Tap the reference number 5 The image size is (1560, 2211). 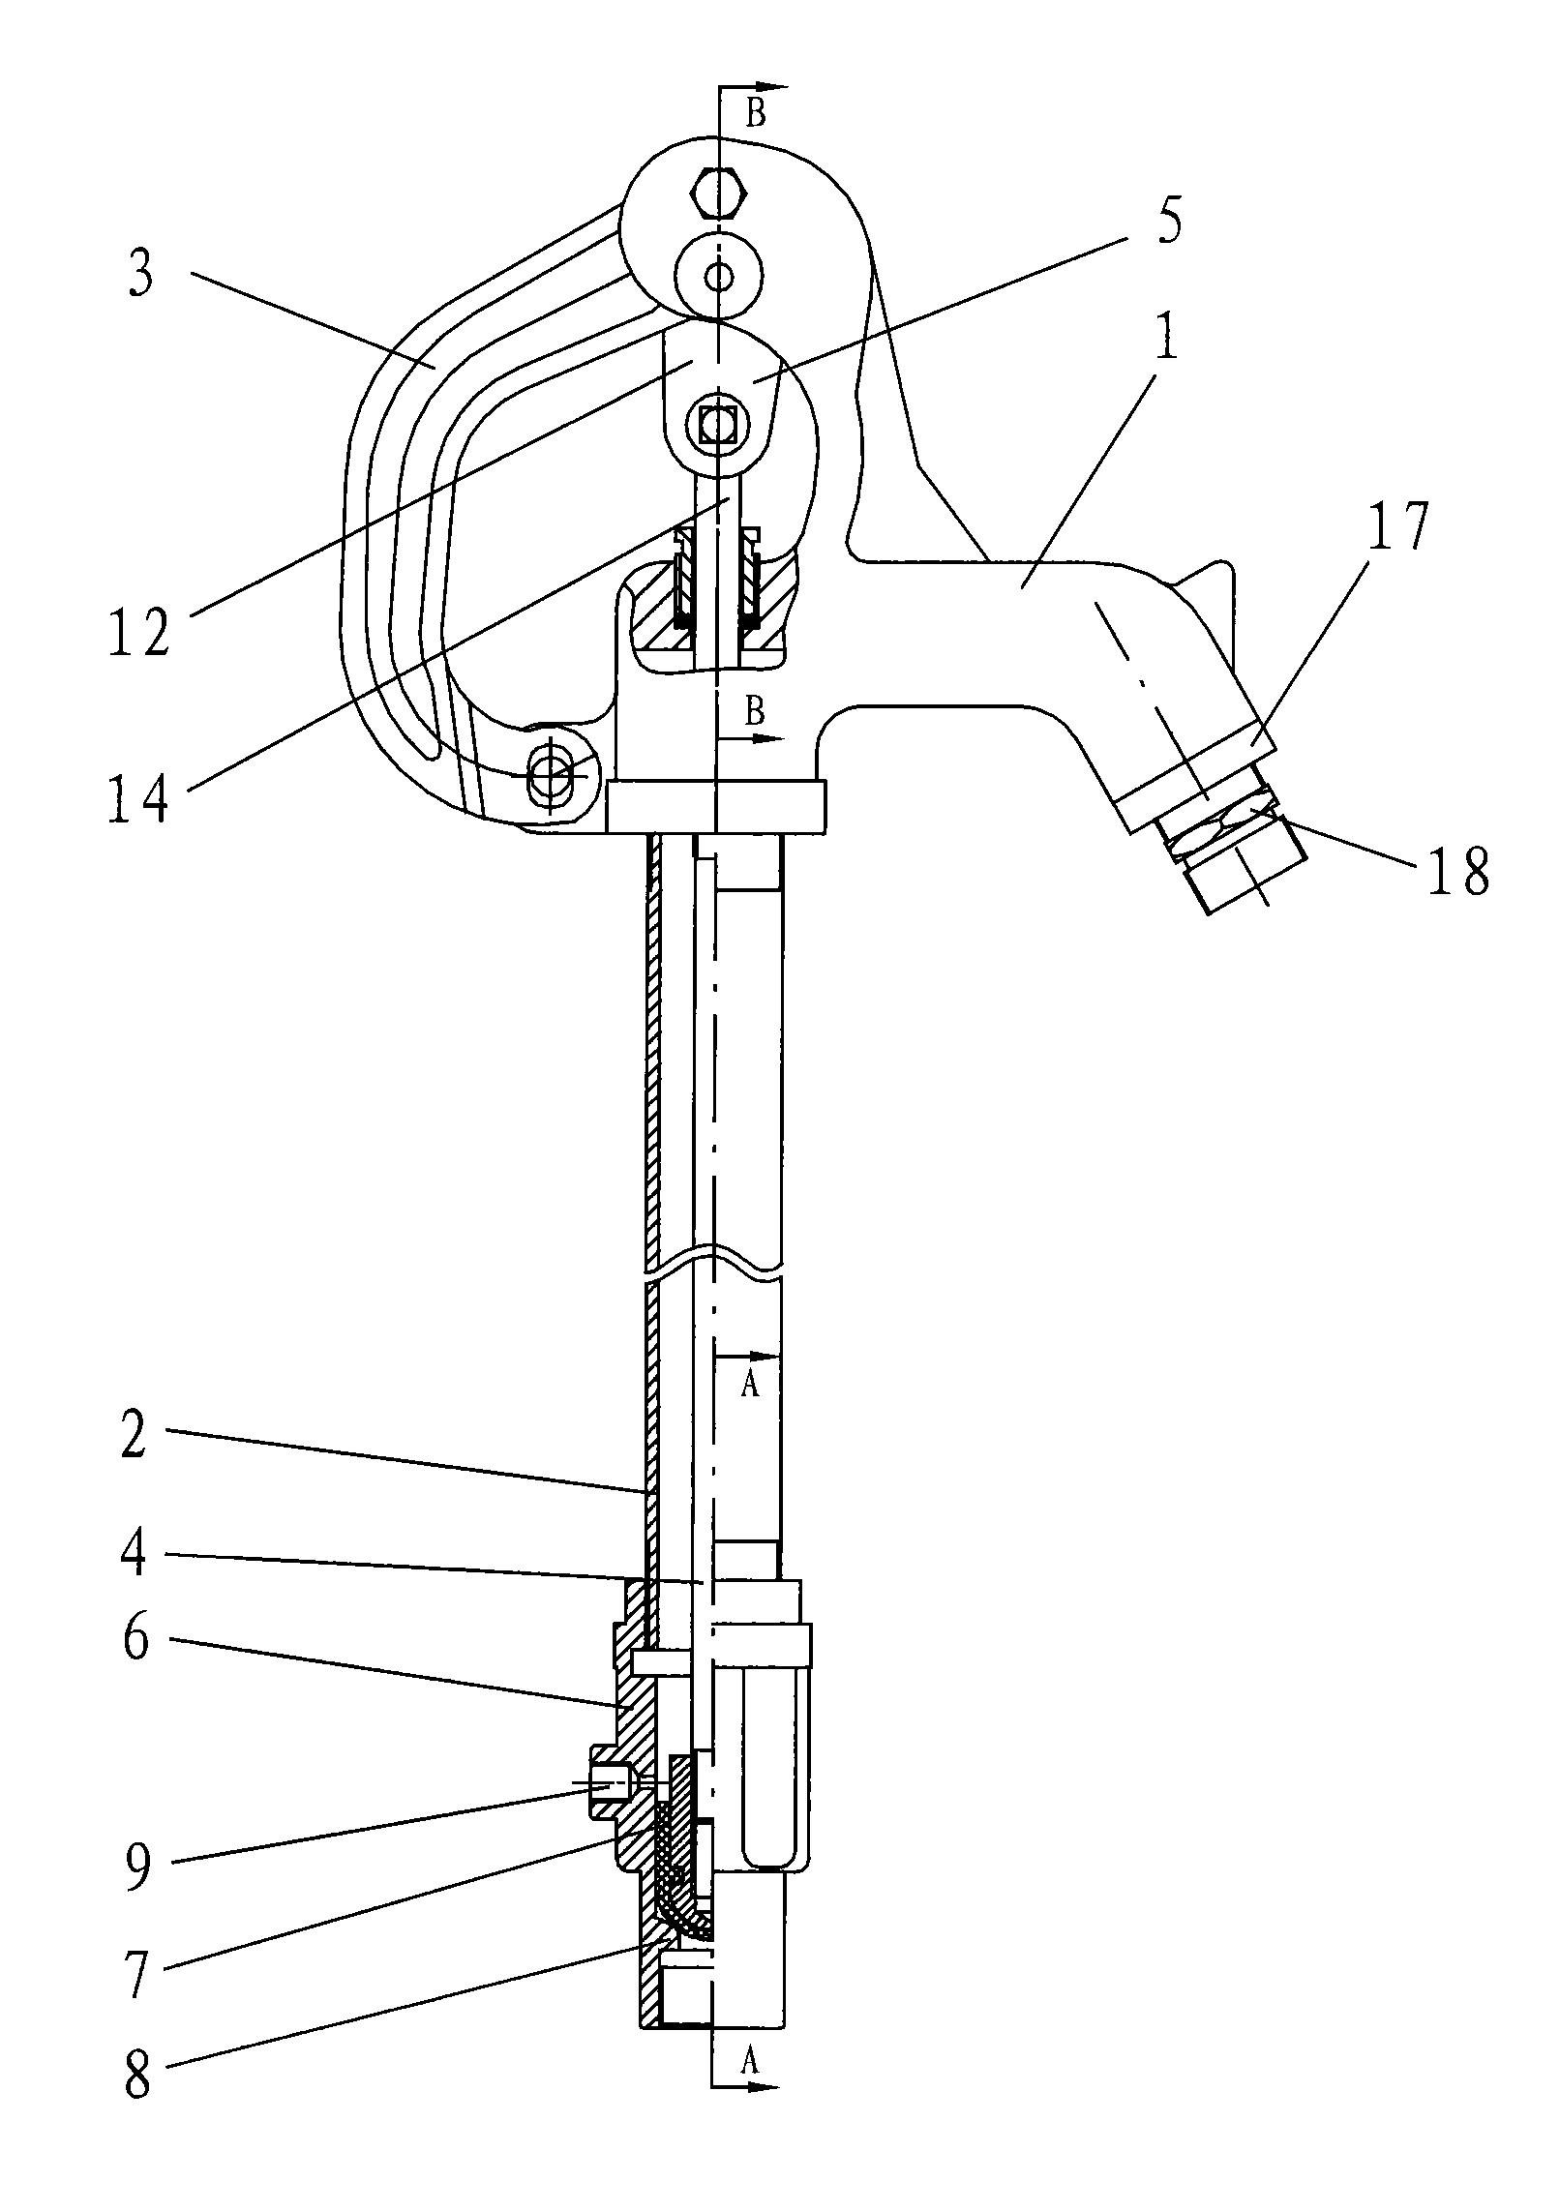coord(1168,224)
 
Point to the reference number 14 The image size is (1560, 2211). coord(137,797)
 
